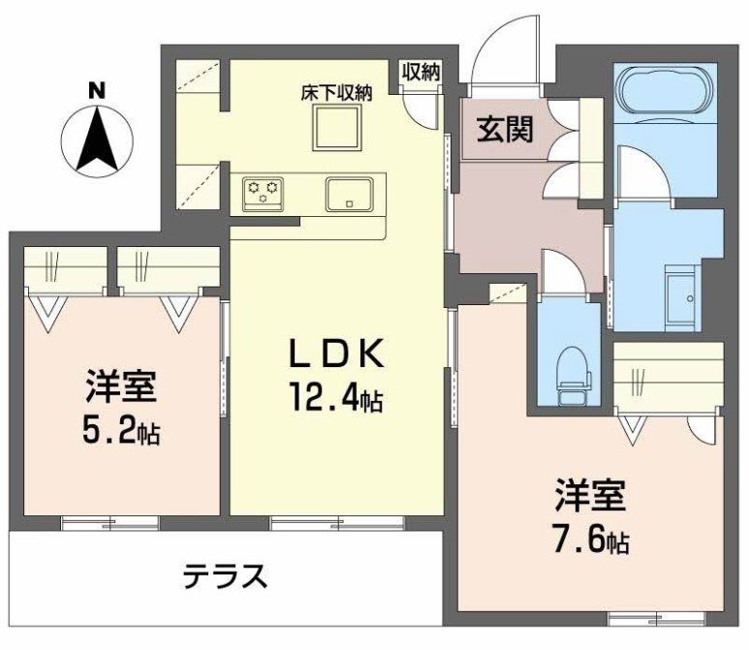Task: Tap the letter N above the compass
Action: coord(96,90)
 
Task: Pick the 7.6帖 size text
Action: coord(591,539)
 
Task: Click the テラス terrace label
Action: coord(225,577)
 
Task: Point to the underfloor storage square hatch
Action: coord(335,127)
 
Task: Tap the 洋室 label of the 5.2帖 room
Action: coord(114,389)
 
